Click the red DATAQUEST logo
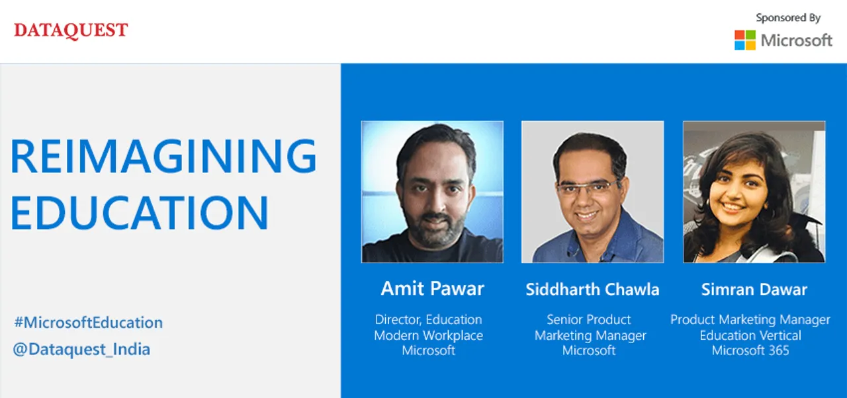point(71,30)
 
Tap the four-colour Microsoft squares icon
point(745,40)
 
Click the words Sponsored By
point(788,18)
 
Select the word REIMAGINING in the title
point(163,155)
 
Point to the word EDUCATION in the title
point(140,212)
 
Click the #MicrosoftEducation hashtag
point(89,323)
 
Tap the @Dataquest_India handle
point(81,349)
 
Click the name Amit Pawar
point(432,288)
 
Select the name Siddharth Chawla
point(592,290)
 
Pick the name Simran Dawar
point(754,290)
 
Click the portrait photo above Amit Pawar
point(432,192)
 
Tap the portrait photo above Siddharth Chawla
point(592,192)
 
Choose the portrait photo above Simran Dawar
point(754,192)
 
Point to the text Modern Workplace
point(428,335)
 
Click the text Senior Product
point(589,319)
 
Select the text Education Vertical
point(750,335)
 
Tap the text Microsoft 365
point(750,350)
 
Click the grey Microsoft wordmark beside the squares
point(797,40)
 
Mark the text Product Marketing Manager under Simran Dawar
point(750,320)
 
